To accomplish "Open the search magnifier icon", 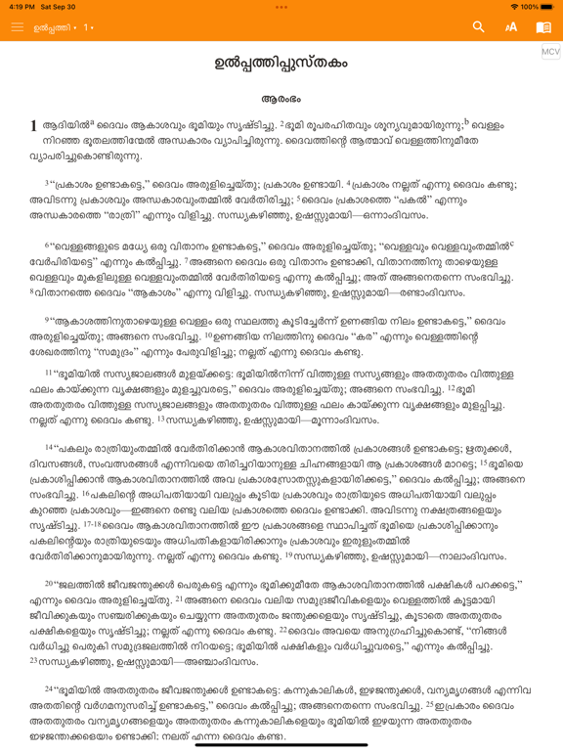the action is pyautogui.click(x=479, y=27).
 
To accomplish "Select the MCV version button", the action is pyautogui.click(x=550, y=52).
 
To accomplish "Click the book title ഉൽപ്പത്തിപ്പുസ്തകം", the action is pyautogui.click(x=281, y=65).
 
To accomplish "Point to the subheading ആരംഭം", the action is pyautogui.click(x=281, y=99).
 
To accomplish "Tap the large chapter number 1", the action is pyautogui.click(x=34, y=125).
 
